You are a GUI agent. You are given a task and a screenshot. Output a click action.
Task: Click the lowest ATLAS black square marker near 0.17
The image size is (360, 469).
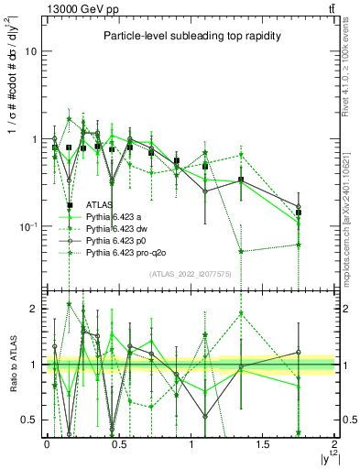(x=70, y=206)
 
